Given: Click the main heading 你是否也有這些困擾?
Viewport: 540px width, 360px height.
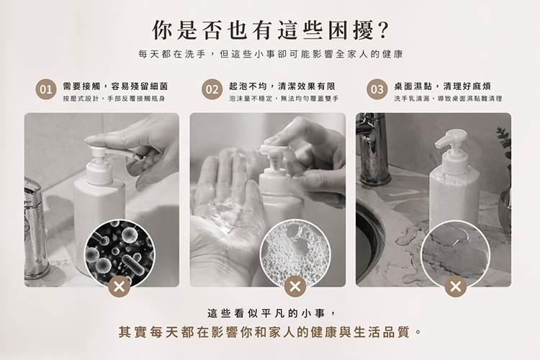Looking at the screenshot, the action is tap(270, 30).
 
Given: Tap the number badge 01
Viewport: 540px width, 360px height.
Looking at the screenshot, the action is tap(46, 89).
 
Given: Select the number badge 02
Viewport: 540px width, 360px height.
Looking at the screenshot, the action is tap(212, 89).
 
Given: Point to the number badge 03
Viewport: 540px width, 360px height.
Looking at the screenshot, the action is tap(377, 89).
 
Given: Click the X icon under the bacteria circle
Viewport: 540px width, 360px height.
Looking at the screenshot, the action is tap(119, 287).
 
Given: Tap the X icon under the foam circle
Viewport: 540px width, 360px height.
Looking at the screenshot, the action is tap(295, 287).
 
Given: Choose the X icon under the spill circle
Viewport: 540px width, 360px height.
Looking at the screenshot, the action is tap(455, 287).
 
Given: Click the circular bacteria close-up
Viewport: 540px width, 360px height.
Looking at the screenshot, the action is tap(120, 254).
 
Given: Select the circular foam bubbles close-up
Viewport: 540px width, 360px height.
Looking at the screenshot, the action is tap(295, 254).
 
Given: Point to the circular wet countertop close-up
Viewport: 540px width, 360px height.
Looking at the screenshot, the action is tap(456, 254).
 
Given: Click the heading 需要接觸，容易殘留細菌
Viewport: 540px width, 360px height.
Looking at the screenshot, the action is tap(115, 86).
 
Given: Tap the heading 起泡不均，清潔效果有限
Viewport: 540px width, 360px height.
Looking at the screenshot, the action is tap(282, 86).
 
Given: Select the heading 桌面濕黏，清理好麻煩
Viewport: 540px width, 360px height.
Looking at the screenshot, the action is tap(443, 86).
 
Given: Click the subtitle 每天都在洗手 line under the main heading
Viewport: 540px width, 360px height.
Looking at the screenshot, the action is tap(270, 54).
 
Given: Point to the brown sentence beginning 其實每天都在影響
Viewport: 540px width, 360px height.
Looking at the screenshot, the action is tap(270, 332).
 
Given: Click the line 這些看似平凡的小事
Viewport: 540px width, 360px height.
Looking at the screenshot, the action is tap(271, 313).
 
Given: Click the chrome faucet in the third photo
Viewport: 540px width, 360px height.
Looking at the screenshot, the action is tap(372, 149).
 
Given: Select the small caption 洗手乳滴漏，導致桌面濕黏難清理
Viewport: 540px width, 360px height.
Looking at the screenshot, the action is tap(448, 99).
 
